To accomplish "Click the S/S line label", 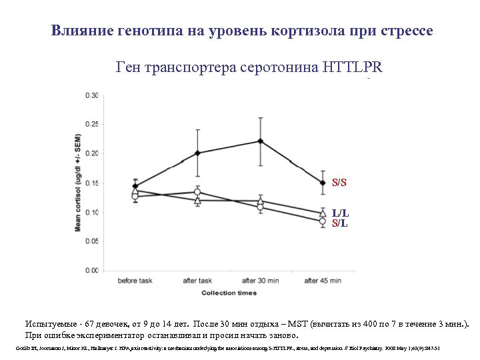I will (339, 183).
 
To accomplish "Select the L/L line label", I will (340, 213).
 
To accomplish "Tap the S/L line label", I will (339, 223).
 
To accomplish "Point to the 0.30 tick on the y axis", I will (92, 95).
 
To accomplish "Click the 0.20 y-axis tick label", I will (92, 153).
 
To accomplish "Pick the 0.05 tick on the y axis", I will (92, 241).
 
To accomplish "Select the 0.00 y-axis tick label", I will (92, 271).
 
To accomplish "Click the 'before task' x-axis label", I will (135, 281).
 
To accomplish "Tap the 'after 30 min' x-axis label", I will (260, 281).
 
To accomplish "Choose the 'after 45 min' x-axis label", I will (323, 281).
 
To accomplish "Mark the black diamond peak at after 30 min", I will (260, 141).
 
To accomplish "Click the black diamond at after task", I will (197, 153).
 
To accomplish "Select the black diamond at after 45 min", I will (323, 183).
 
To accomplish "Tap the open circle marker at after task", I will (197, 192).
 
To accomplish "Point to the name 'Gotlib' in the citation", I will (21, 349).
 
